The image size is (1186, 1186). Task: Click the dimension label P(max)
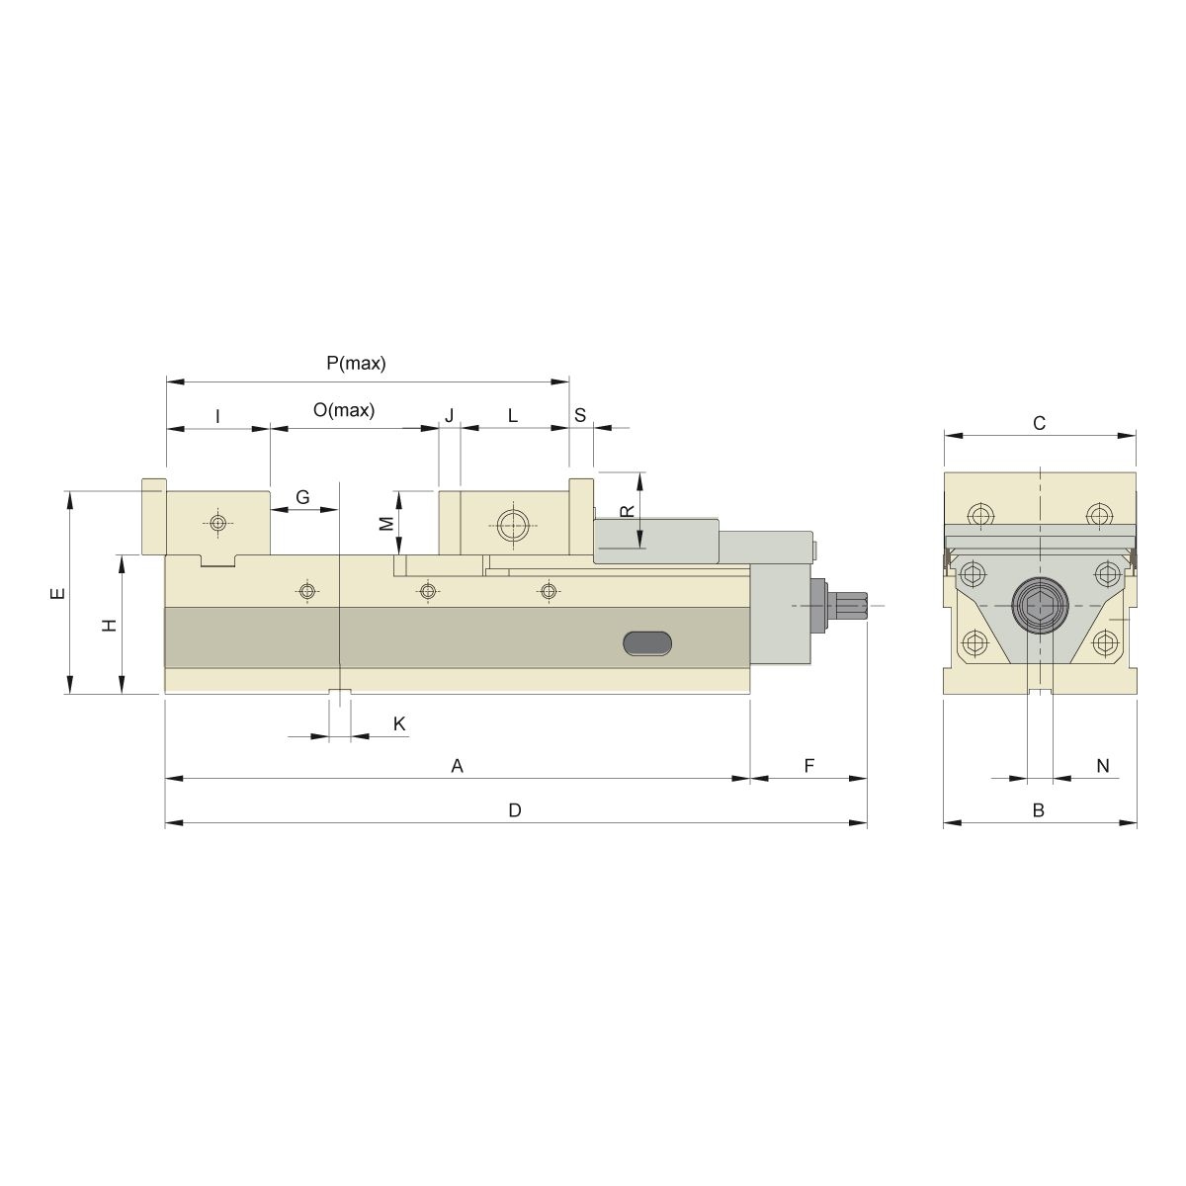pyautogui.click(x=356, y=364)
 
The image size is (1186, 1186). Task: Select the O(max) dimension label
pyautogui.click(x=344, y=411)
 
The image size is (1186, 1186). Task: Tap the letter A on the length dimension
pyautogui.click(x=457, y=766)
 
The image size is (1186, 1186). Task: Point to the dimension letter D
pyautogui.click(x=514, y=810)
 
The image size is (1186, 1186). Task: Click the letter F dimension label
pyautogui.click(x=808, y=766)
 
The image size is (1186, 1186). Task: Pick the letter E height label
pyautogui.click(x=57, y=594)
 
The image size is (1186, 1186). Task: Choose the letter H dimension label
pyautogui.click(x=110, y=625)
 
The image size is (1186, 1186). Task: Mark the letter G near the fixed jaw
pyautogui.click(x=302, y=497)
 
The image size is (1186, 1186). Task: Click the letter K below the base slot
pyautogui.click(x=399, y=724)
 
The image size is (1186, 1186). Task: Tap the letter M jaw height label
pyautogui.click(x=387, y=523)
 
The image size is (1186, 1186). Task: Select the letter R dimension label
pyautogui.click(x=626, y=511)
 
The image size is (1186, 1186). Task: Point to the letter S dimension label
pyautogui.click(x=580, y=416)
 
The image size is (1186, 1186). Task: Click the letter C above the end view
pyautogui.click(x=1039, y=424)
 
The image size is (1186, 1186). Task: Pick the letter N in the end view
pyautogui.click(x=1103, y=766)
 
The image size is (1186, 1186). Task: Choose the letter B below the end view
pyautogui.click(x=1039, y=810)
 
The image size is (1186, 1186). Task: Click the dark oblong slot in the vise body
pyautogui.click(x=647, y=642)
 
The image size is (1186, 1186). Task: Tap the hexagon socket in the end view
pyautogui.click(x=1039, y=604)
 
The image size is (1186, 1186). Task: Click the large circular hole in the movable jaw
pyautogui.click(x=513, y=524)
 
